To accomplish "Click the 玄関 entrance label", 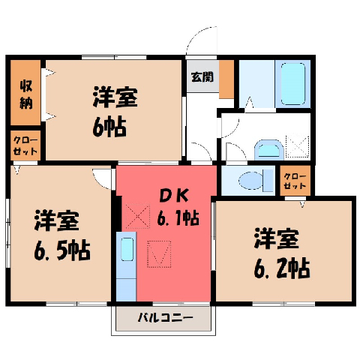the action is click(x=202, y=76).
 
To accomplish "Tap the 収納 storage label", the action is click(x=26, y=94).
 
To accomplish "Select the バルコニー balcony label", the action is click(x=166, y=318).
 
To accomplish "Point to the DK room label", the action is click(x=174, y=196).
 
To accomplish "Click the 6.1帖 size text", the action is click(x=178, y=217).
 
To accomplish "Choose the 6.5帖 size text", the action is click(x=62, y=250).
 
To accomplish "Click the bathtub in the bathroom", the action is click(x=293, y=84).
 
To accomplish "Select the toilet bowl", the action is click(x=250, y=181).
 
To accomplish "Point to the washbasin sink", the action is click(x=268, y=150).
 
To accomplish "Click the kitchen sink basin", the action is click(x=127, y=249).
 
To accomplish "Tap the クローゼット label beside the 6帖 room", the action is click(x=25, y=145).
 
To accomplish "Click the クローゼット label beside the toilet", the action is click(x=295, y=181).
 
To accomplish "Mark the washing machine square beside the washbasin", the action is click(x=298, y=146).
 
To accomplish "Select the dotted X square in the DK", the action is click(x=138, y=216).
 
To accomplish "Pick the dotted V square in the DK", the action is click(x=159, y=254).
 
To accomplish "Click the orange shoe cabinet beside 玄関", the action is click(x=226, y=79).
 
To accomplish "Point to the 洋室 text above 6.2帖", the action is click(x=277, y=238).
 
